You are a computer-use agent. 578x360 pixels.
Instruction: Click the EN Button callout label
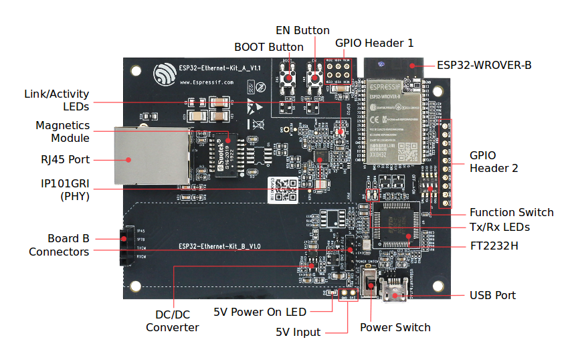(x=302, y=30)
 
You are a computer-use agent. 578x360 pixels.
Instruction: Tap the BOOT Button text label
(x=268, y=48)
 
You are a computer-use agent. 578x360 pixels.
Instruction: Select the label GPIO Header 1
(x=374, y=42)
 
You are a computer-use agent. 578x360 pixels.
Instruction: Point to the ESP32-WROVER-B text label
(x=484, y=65)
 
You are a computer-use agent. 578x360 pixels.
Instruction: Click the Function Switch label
(x=511, y=212)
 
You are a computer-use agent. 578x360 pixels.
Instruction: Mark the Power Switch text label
(x=395, y=327)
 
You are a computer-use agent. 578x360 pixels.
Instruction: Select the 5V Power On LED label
(x=260, y=312)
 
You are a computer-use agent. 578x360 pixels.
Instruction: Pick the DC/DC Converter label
(x=172, y=321)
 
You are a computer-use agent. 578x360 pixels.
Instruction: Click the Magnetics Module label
(x=62, y=131)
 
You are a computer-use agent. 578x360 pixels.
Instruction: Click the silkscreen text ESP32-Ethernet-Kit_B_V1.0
(x=219, y=246)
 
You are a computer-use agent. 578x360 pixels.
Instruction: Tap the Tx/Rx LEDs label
(x=500, y=228)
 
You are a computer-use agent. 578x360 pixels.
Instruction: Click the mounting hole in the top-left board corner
(x=136, y=70)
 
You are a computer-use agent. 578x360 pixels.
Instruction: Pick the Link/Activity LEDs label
(x=56, y=100)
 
